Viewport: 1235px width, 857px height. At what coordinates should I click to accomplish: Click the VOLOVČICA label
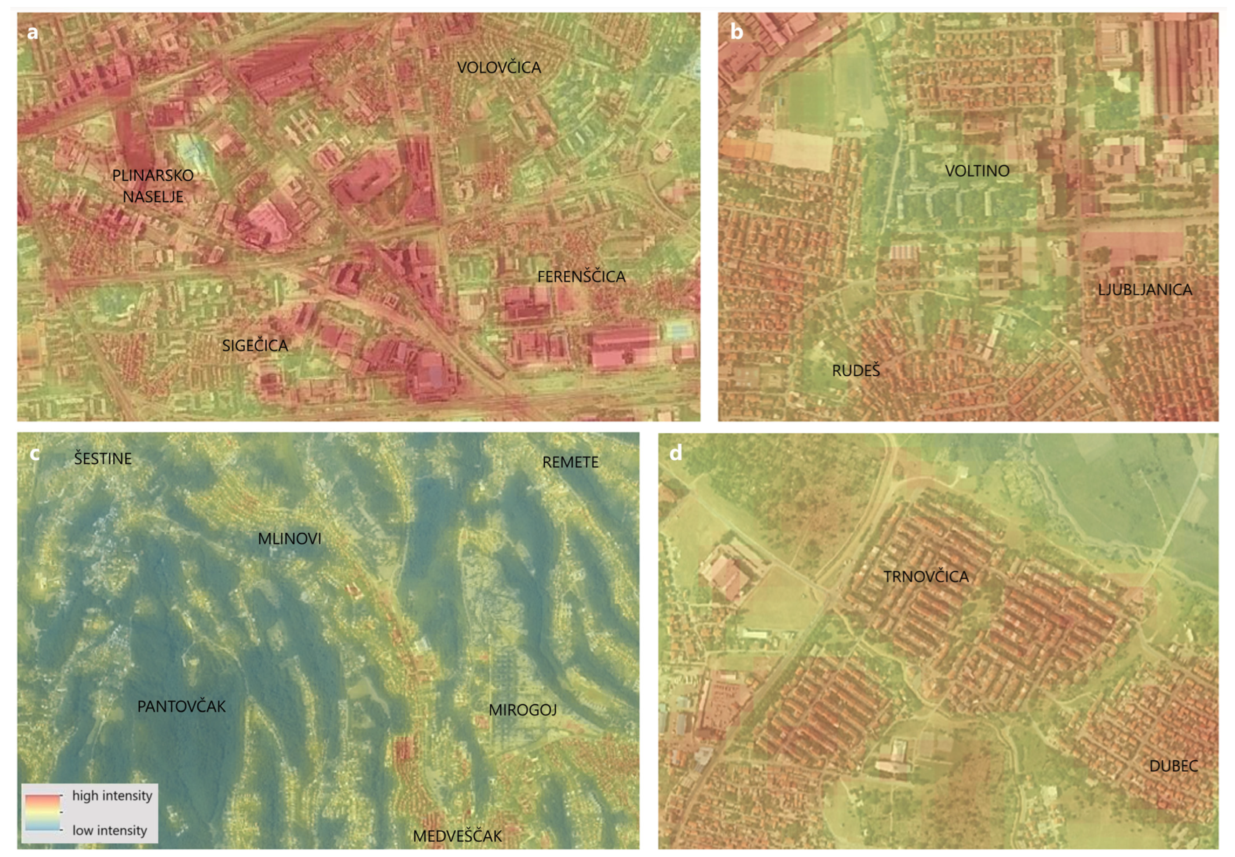click(498, 68)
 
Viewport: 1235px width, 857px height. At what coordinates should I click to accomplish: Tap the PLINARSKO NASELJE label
click(153, 186)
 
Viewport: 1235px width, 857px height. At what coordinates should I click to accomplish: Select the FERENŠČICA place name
click(581, 277)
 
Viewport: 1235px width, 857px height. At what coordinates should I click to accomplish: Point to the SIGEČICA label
click(255, 345)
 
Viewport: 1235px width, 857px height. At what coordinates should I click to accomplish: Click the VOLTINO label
click(977, 171)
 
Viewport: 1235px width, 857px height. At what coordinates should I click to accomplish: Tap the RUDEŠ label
click(856, 371)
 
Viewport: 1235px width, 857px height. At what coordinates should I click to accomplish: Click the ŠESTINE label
click(103, 459)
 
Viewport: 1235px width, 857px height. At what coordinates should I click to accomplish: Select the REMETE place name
click(570, 462)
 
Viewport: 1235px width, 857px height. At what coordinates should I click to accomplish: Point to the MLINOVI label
click(289, 538)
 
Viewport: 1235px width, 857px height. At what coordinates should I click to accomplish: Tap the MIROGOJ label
click(522, 710)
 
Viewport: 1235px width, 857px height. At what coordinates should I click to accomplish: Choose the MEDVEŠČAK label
click(457, 836)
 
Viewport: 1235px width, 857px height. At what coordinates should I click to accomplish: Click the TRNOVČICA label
click(926, 577)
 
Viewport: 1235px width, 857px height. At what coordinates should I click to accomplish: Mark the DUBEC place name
click(1173, 766)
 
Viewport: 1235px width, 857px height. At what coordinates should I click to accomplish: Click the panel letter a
click(33, 32)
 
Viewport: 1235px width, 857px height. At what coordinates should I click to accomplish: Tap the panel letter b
click(737, 32)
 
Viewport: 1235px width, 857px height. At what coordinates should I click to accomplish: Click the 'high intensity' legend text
click(112, 795)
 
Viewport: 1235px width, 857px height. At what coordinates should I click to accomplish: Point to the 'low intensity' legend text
click(110, 830)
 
